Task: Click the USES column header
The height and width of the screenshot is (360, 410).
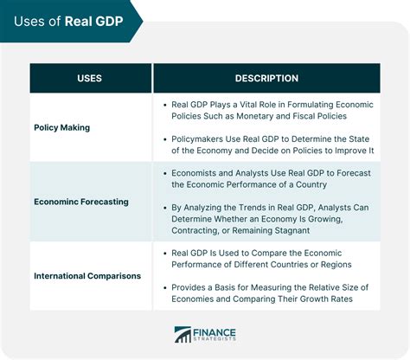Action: pyautogui.click(x=89, y=78)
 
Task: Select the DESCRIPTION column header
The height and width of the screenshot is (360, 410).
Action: pyautogui.click(x=266, y=78)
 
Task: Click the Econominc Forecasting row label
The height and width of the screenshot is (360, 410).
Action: pyautogui.click(x=81, y=201)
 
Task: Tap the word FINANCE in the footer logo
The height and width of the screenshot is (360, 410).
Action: pyautogui.click(x=216, y=330)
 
